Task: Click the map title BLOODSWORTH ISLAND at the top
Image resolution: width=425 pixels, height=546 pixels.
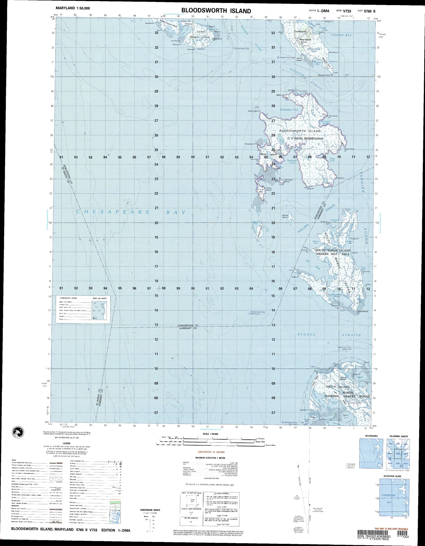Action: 216,11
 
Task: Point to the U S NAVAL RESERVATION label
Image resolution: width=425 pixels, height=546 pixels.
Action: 305,139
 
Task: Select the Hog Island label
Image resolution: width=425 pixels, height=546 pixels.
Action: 305,40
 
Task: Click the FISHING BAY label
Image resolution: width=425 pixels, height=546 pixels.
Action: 341,35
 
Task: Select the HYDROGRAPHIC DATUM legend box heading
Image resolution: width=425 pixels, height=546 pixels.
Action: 68,298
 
